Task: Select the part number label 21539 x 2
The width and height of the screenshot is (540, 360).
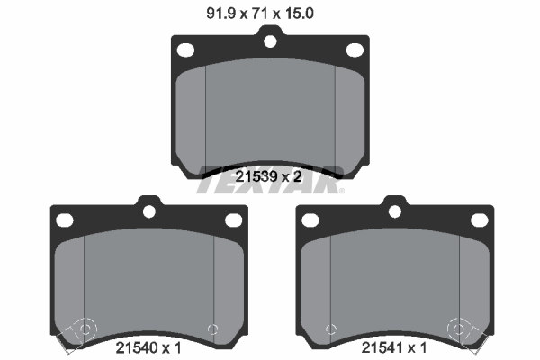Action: click(x=267, y=177)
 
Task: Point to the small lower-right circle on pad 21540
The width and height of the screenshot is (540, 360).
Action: click(x=212, y=328)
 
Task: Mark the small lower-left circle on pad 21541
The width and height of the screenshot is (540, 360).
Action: click(x=330, y=328)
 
